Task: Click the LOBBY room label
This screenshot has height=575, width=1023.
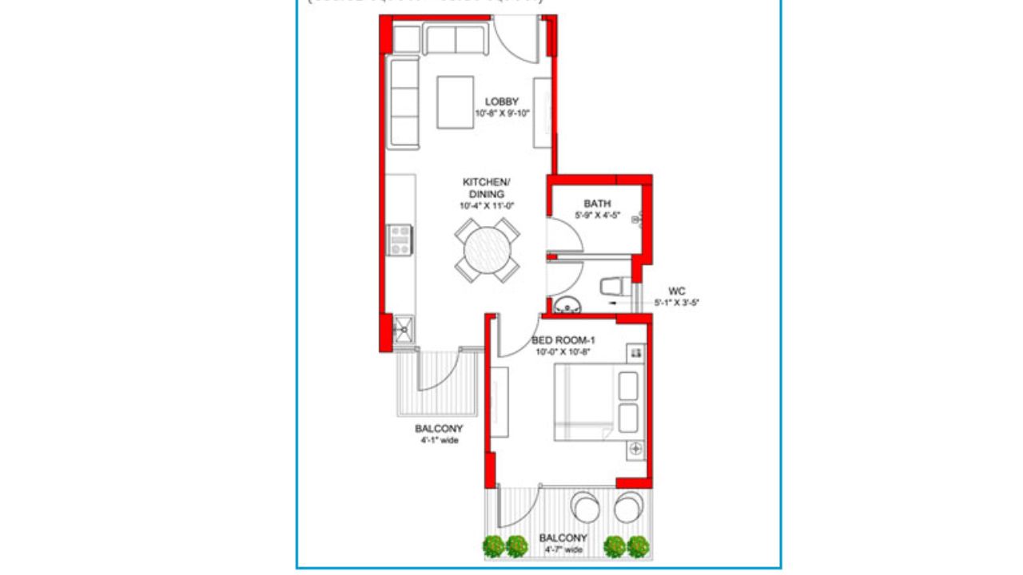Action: pos(502,101)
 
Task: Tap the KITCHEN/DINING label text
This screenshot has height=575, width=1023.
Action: pos(484,188)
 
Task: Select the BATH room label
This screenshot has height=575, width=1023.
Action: pos(597,204)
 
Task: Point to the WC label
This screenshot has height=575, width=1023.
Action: pos(676,291)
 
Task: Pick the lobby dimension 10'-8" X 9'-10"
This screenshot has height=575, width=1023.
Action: pos(502,113)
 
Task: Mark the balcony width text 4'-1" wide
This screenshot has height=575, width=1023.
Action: pos(439,440)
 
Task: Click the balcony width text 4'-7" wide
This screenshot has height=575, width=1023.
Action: pos(563,549)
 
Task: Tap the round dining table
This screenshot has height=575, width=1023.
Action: pos(488,250)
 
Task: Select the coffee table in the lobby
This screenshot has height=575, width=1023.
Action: pos(456,101)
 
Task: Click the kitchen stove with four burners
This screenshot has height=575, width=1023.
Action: pos(400,239)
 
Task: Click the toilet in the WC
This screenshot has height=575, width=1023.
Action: pos(615,286)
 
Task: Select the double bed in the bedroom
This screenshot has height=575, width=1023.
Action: pos(599,401)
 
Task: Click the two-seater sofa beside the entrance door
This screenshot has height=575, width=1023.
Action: pos(456,40)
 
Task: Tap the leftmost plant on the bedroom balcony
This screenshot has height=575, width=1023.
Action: pos(495,546)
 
